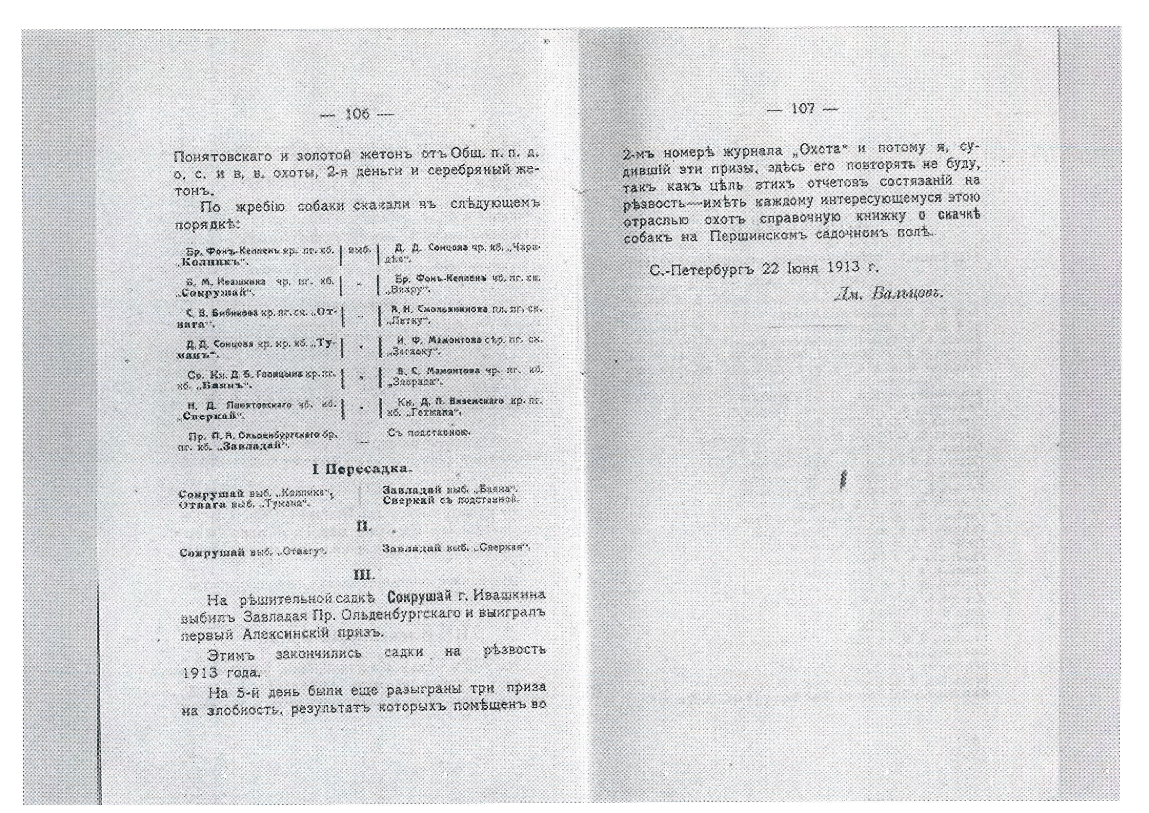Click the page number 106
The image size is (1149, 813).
[357, 115]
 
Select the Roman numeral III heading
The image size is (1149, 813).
[364, 575]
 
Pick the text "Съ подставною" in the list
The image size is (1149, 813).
[428, 432]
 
